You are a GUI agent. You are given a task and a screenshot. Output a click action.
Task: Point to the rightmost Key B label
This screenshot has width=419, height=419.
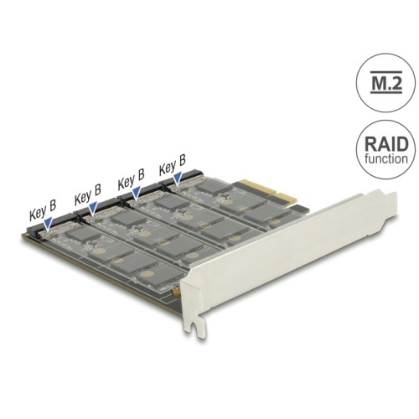click(x=173, y=165)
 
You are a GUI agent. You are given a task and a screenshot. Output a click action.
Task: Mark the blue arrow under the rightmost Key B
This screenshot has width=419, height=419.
click(x=178, y=175)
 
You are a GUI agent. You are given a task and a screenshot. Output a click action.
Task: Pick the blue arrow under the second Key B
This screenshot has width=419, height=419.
click(x=93, y=207)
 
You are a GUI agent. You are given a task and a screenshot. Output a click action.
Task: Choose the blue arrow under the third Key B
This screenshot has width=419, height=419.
click(x=137, y=191)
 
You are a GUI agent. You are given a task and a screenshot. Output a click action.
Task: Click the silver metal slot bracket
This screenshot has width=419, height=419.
click(x=277, y=268)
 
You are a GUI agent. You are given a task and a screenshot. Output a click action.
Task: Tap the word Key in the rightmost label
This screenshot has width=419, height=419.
click(x=167, y=167)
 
